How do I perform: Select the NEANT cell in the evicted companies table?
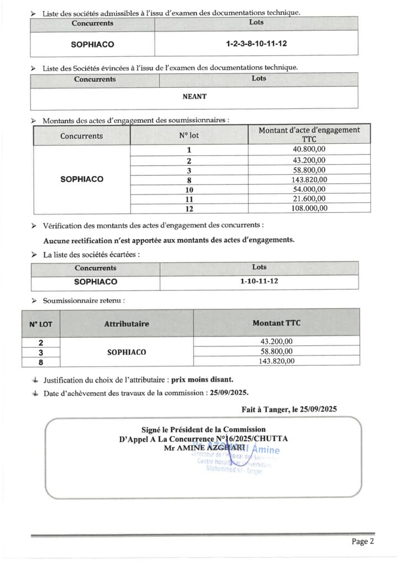tap(194, 96)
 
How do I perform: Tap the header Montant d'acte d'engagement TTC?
tap(309, 134)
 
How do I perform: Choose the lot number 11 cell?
tap(189, 198)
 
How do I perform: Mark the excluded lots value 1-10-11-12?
tap(259, 281)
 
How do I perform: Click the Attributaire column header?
tap(127, 324)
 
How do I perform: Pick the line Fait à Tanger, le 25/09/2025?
tap(289, 410)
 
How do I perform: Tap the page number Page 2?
tap(363, 541)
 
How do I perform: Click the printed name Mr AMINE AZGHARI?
tap(203, 447)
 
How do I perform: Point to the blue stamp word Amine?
tap(267, 451)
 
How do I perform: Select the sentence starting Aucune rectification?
tap(169, 240)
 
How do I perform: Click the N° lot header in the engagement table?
tap(189, 135)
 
